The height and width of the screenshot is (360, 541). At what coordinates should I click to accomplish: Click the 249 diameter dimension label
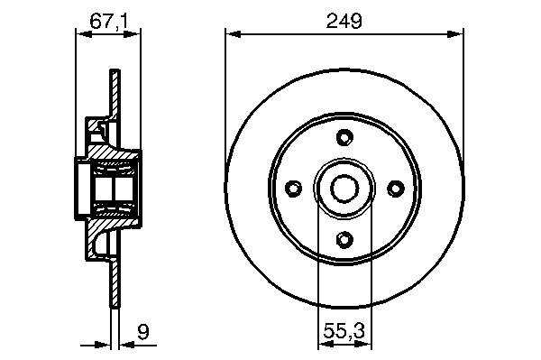click(344, 21)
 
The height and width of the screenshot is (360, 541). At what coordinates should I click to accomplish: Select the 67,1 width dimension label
click(109, 21)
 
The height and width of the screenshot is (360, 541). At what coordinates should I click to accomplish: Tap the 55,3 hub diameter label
click(344, 330)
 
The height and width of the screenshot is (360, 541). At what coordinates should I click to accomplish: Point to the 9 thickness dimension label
click(142, 332)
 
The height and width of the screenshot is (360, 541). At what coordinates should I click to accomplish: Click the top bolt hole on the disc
click(344, 137)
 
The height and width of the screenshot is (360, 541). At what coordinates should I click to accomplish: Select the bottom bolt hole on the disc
click(344, 239)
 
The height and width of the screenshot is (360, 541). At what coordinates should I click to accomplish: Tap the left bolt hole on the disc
click(294, 189)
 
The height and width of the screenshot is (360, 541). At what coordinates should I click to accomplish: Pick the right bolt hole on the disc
click(396, 189)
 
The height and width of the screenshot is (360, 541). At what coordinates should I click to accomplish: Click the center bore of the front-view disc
click(344, 189)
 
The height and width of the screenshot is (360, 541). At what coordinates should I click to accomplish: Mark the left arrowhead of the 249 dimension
click(233, 34)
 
